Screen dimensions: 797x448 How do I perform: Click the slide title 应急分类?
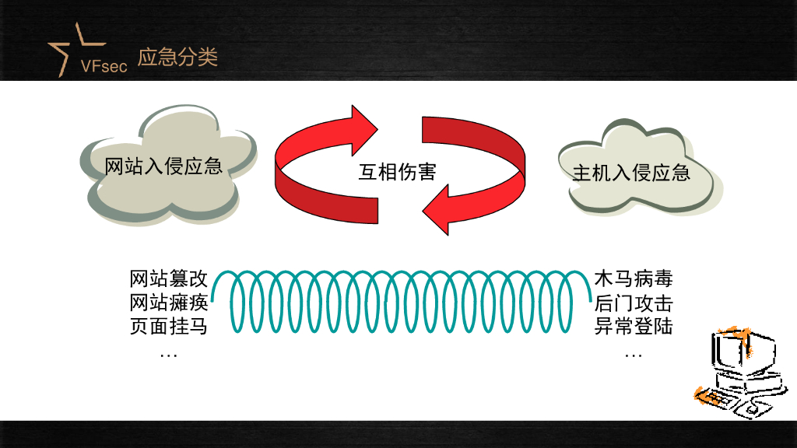click(177, 58)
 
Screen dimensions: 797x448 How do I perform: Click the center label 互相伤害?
click(396, 171)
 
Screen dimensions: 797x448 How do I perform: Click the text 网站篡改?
click(168, 279)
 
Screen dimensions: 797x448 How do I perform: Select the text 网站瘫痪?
click(168, 303)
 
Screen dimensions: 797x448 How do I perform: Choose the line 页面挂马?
click(168, 326)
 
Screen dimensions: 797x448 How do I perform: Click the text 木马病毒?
click(633, 279)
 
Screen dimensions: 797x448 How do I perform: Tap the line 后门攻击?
click(633, 303)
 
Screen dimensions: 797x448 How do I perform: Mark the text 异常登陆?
click(633, 326)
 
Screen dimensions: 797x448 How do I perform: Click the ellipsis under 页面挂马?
click(168, 355)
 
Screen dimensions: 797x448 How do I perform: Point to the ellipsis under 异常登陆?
click(633, 355)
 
